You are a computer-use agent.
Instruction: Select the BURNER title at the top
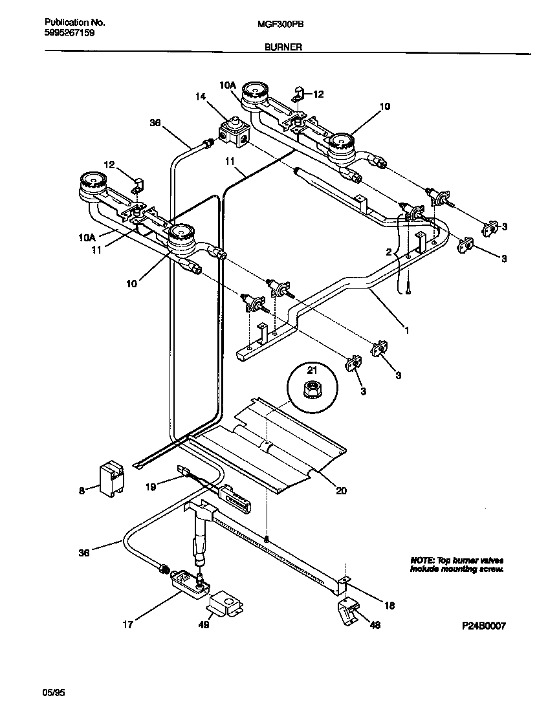coord(282,47)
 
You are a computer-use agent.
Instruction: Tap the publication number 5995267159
coord(69,32)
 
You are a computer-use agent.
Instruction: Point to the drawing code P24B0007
coord(483,626)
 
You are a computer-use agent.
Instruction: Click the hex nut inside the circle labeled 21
coord(312,389)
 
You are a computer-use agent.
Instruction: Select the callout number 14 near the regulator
coord(201,96)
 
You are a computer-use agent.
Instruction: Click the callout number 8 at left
coord(82,491)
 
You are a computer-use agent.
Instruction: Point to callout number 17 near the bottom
coord(127,624)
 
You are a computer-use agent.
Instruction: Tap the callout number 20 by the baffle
coord(341,491)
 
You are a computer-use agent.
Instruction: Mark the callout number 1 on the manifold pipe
coord(406,331)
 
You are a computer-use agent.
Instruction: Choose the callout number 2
coord(388,251)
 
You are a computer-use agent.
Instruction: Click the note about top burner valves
coord(456,564)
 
